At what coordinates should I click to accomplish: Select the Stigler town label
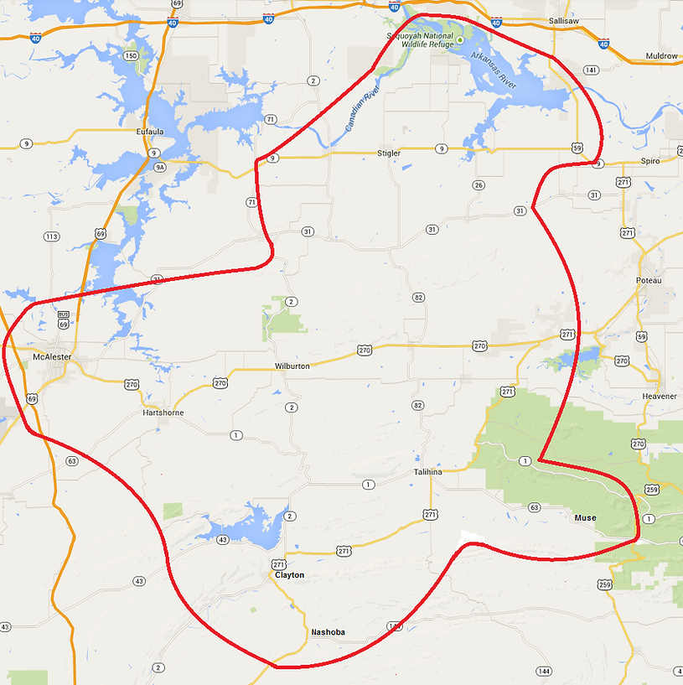pyautogui.click(x=389, y=153)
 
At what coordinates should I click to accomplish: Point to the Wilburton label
pyautogui.click(x=292, y=366)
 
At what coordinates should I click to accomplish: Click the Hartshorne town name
pyautogui.click(x=163, y=413)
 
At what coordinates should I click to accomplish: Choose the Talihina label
pyautogui.click(x=427, y=472)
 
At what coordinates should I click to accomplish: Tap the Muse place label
pyautogui.click(x=585, y=518)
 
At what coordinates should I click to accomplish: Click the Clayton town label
pyautogui.click(x=289, y=575)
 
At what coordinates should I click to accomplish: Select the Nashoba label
pyautogui.click(x=328, y=632)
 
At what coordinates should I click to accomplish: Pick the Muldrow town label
pyautogui.click(x=661, y=56)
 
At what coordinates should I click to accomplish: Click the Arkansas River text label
pyautogui.click(x=494, y=72)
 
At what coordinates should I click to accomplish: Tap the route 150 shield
pyautogui.click(x=131, y=56)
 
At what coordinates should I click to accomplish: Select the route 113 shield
pyautogui.click(x=52, y=236)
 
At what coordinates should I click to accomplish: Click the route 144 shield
pyautogui.click(x=544, y=671)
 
